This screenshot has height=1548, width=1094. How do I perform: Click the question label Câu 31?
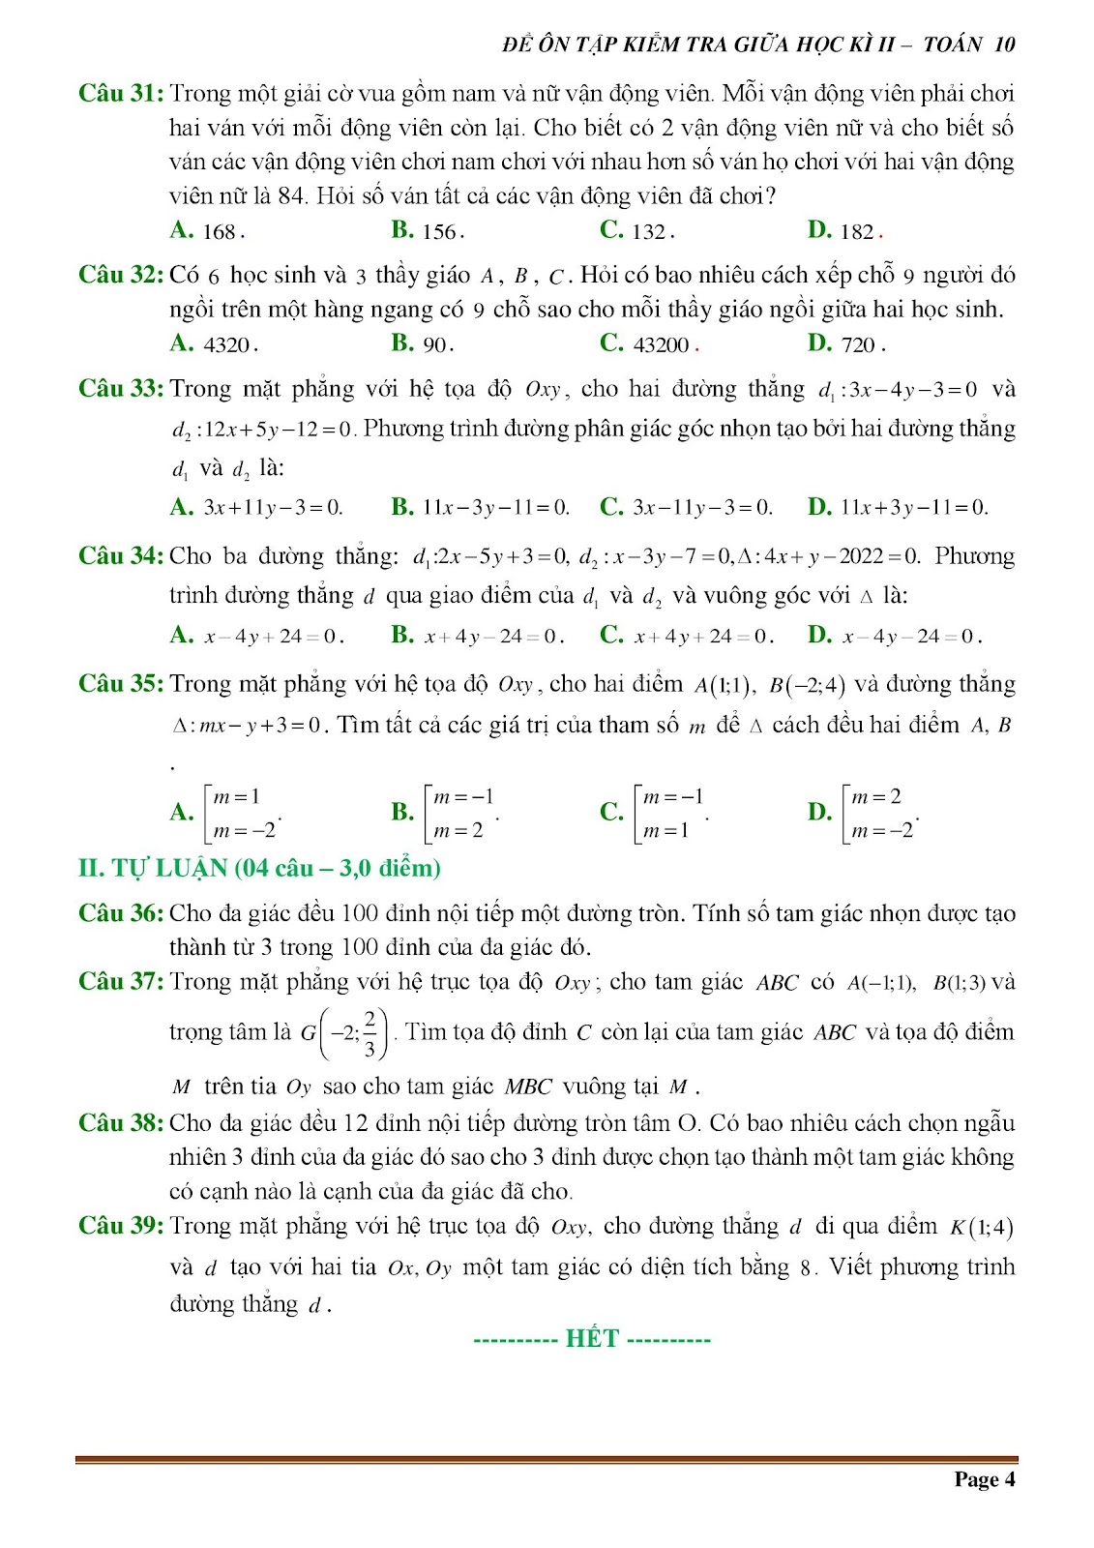coord(120,94)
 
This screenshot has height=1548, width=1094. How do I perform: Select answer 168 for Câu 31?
coord(220,231)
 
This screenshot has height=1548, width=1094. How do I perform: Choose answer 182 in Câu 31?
coord(857,231)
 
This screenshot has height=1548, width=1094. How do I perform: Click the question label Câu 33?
coord(120,389)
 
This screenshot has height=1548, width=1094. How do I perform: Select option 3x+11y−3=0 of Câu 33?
coord(273,508)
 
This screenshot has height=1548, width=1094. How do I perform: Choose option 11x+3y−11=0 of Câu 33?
coord(913,508)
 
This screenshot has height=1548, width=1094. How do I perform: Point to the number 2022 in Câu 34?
coord(861,556)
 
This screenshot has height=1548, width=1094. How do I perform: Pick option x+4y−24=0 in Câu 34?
coord(492,637)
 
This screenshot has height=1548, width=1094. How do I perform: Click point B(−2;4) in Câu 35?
coord(807,686)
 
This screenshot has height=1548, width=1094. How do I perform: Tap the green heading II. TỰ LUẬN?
coord(259,868)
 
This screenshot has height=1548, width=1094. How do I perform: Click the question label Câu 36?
coord(120,913)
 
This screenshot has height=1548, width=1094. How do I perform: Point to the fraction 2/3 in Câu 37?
coord(370,1033)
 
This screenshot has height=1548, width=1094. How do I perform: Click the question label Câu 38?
coord(120,1123)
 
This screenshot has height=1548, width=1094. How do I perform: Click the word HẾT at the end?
coord(592,1339)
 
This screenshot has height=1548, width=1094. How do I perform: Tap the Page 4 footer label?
coord(984,1478)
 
